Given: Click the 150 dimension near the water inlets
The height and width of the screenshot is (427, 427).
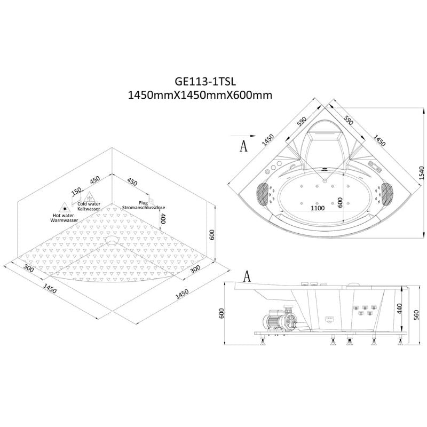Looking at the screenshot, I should (x=76, y=191).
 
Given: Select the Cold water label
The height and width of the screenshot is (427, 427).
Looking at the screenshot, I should (x=89, y=203).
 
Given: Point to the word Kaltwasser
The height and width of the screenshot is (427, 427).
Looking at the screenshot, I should (x=89, y=209).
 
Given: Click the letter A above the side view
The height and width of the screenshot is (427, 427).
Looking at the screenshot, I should (x=247, y=276).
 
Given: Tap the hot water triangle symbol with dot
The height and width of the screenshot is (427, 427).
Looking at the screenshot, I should (x=65, y=205).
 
